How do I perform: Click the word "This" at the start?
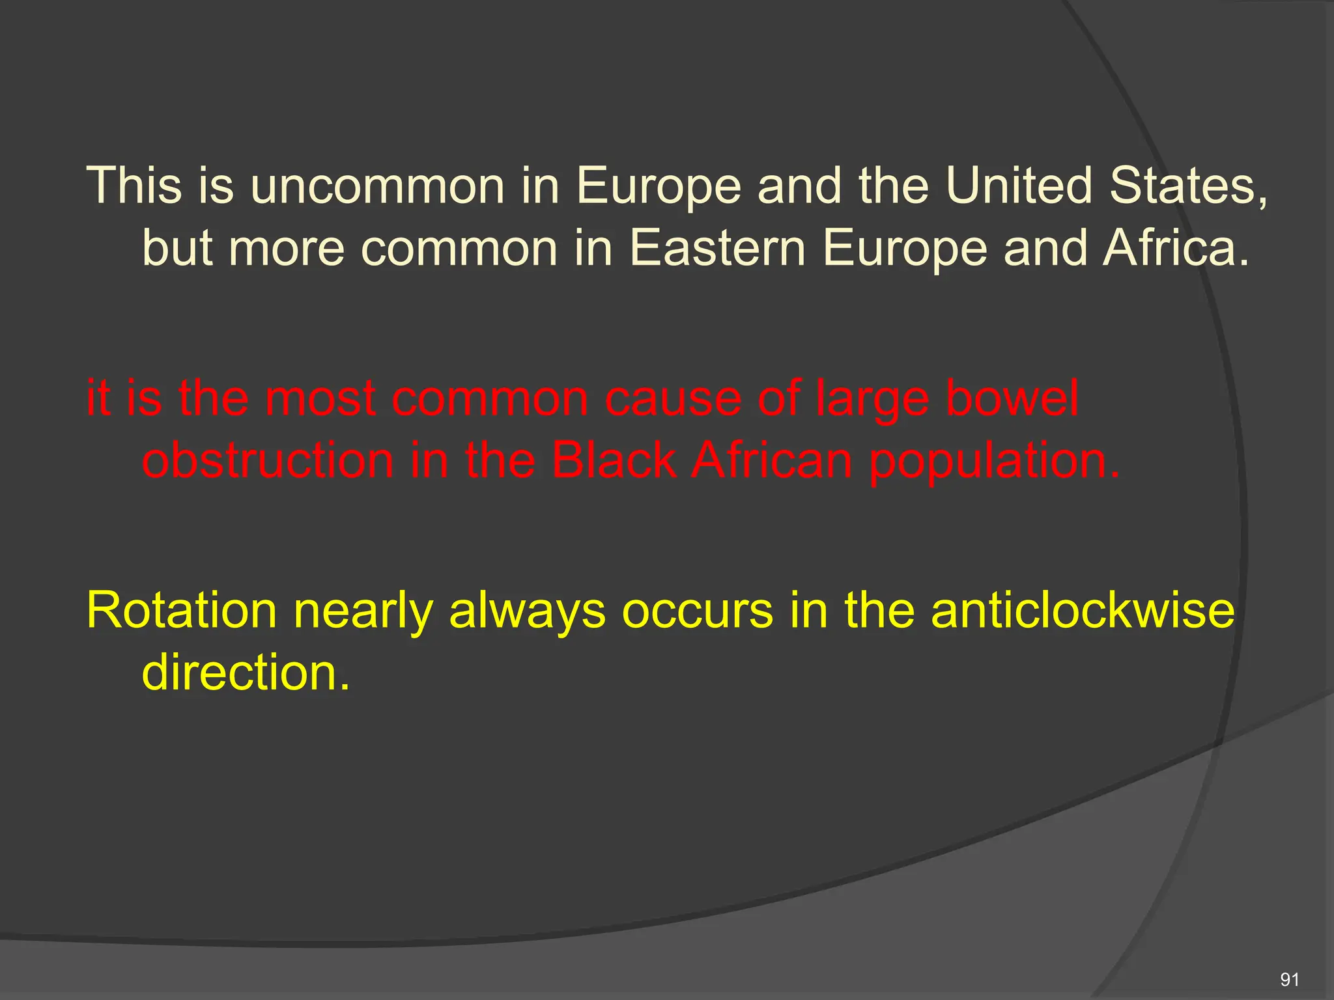[x=135, y=186]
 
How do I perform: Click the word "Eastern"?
[x=717, y=248]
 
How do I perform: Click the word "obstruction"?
[x=268, y=460]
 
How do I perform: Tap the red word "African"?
[x=771, y=460]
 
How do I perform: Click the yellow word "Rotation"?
[x=182, y=611]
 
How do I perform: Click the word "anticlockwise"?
[x=1082, y=611]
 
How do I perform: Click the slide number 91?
[x=1289, y=979]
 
